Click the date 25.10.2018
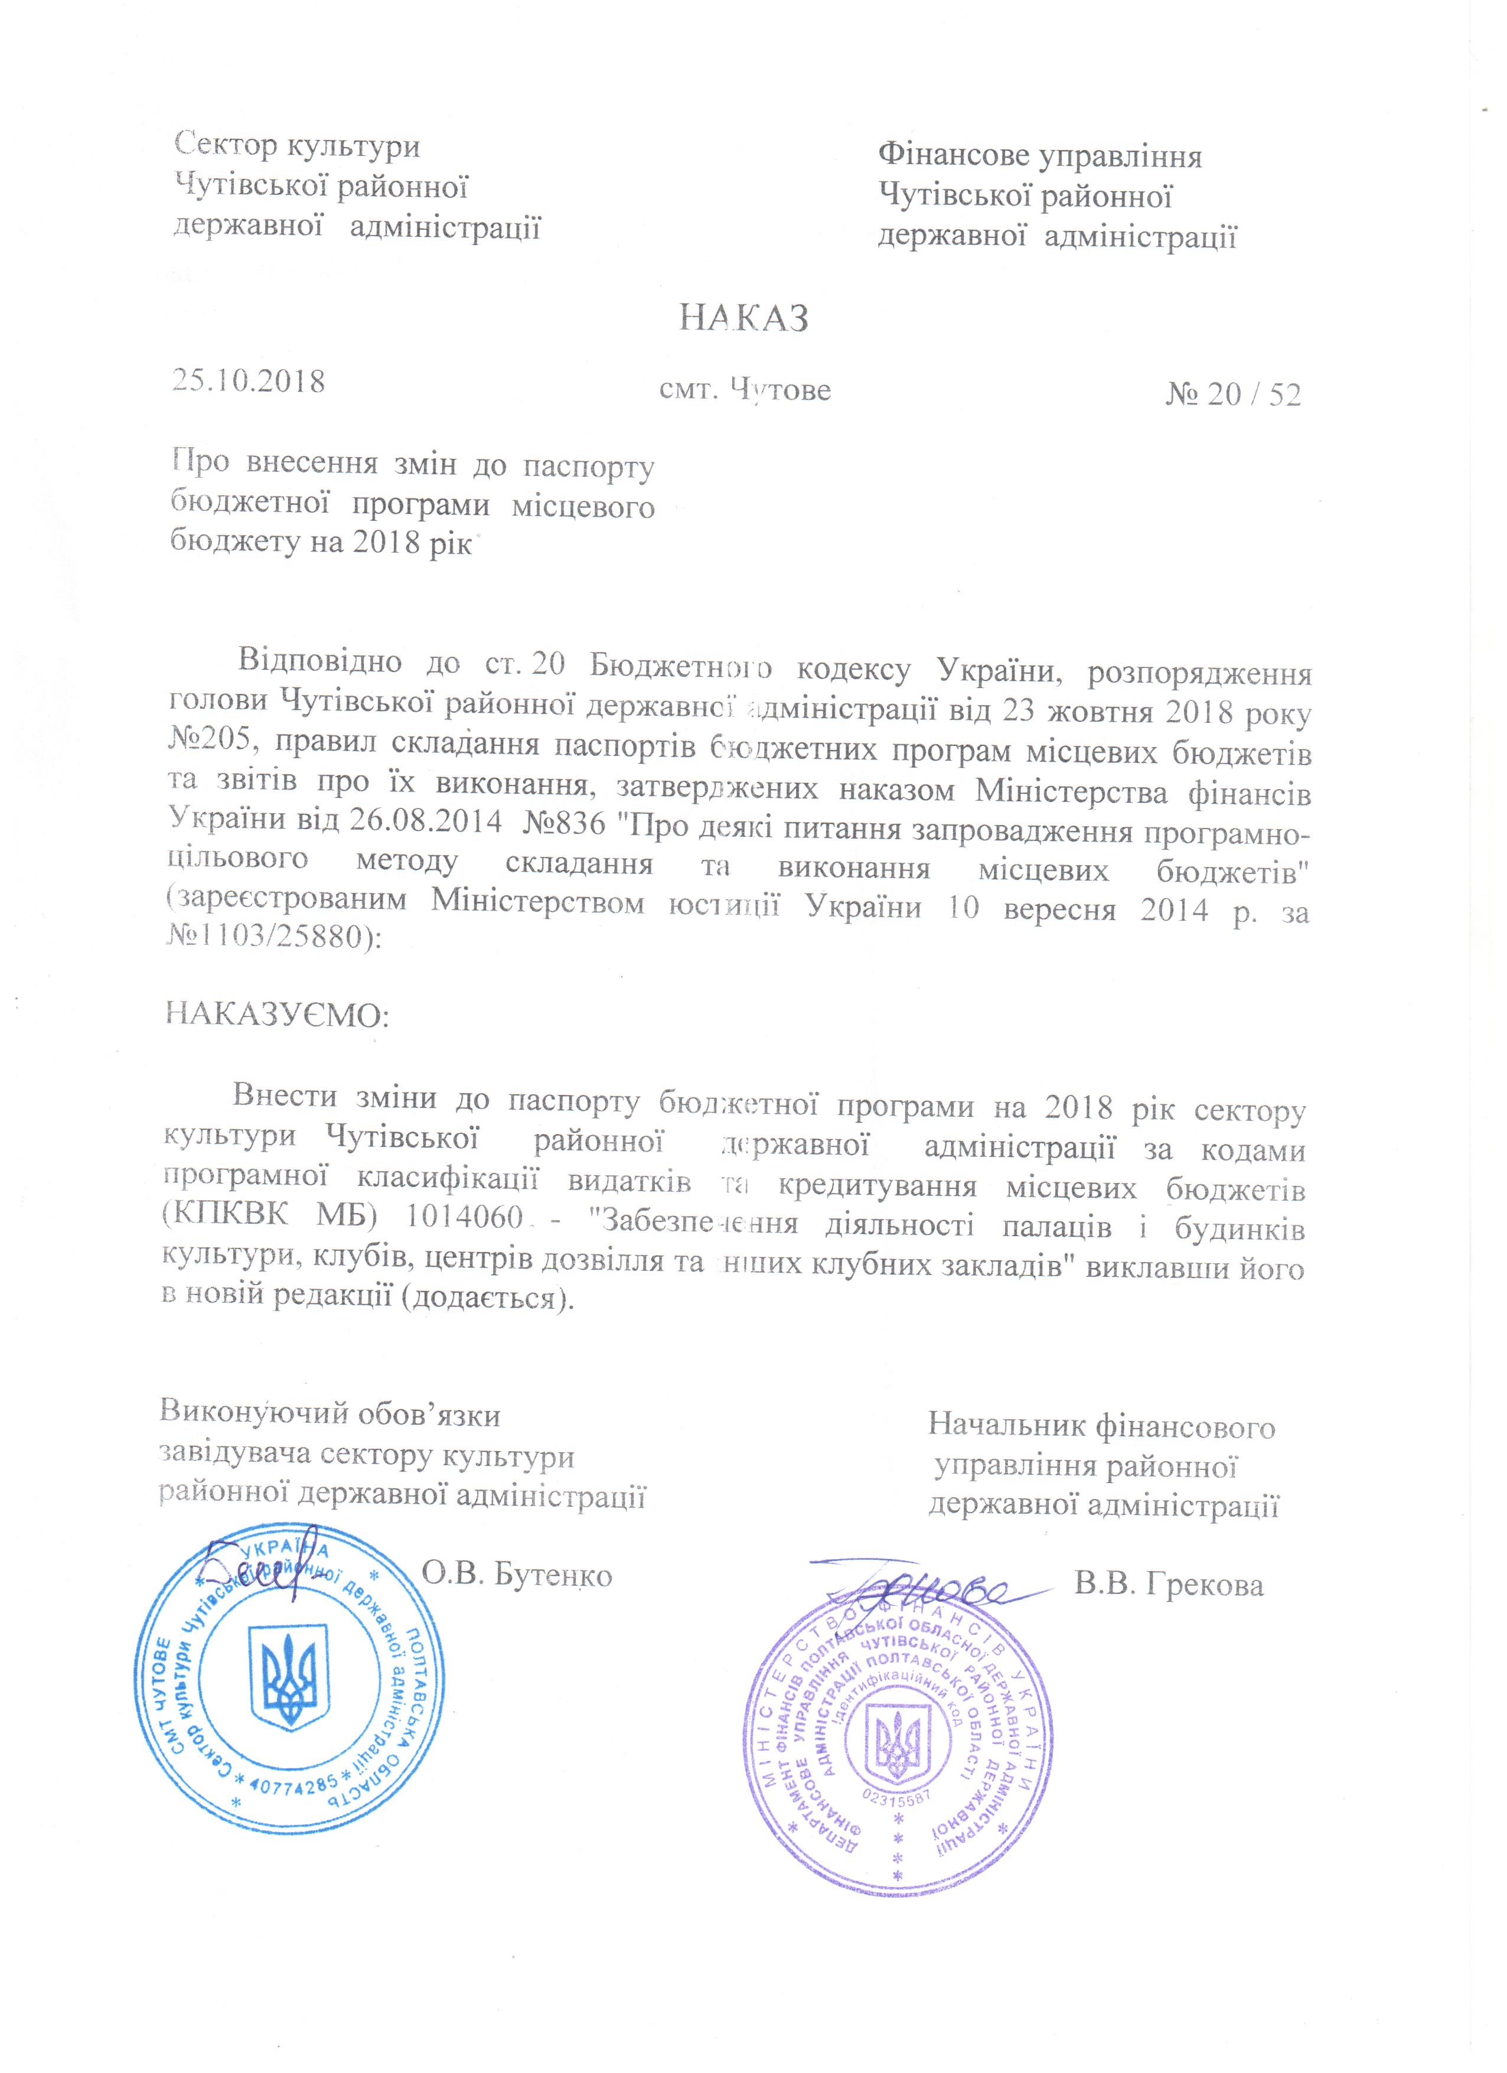(x=249, y=380)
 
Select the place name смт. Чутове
(x=745, y=390)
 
